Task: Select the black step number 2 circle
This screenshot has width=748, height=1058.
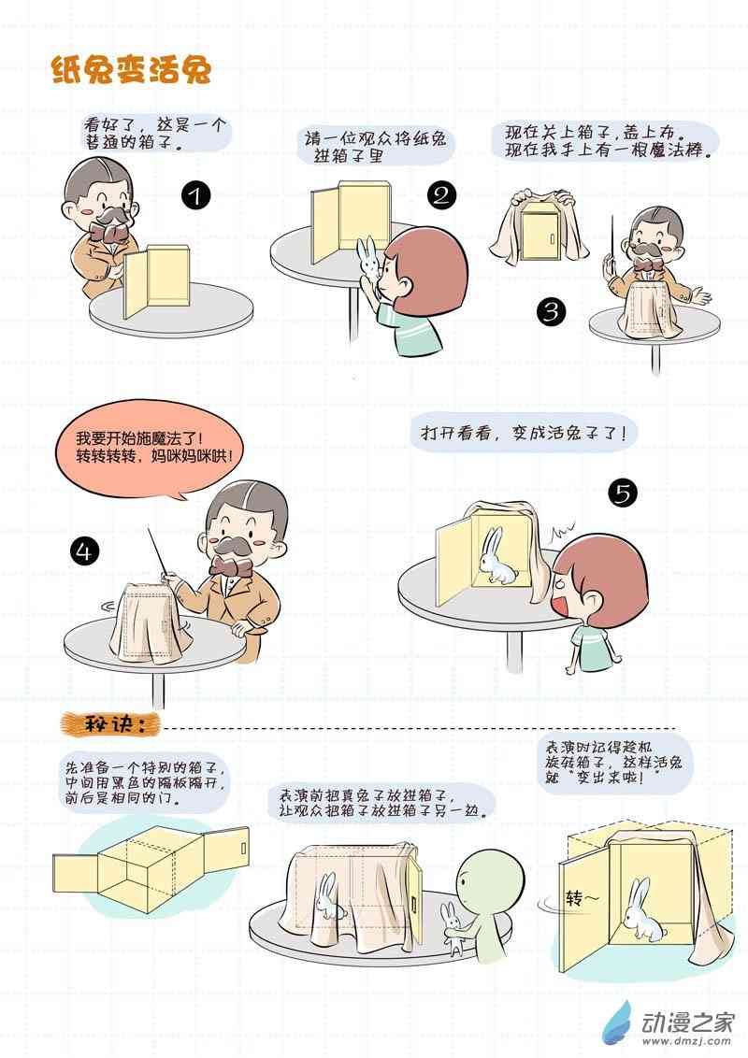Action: (441, 195)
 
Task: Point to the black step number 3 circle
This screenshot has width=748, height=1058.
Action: (552, 311)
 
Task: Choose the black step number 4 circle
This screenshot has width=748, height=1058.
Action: (84, 551)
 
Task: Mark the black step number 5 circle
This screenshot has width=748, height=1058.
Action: (623, 493)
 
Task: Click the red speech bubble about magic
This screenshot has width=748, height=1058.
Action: (150, 449)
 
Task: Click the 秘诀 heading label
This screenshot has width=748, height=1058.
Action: (110, 725)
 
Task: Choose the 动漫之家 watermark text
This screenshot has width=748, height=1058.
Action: (688, 1022)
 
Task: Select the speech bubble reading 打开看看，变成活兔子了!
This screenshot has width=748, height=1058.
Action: (524, 433)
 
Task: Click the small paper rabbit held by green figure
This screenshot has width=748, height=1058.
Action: (451, 926)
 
